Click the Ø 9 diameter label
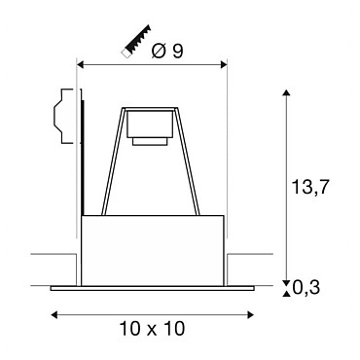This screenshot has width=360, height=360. coord(167,51)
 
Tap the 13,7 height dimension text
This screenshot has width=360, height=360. coord(310,187)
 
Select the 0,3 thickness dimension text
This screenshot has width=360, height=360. coord(306,287)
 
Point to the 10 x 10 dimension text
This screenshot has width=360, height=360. coord(153,329)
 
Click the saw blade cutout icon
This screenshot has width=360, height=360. coord(135,42)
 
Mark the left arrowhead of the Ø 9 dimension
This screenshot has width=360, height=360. coord(80,65)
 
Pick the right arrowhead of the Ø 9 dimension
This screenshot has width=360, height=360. coord(224,65)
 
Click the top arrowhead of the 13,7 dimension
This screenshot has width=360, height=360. coord(286,92)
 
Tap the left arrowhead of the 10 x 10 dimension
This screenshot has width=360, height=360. coord(54,314)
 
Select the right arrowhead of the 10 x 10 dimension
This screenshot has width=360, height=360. coord(250,314)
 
